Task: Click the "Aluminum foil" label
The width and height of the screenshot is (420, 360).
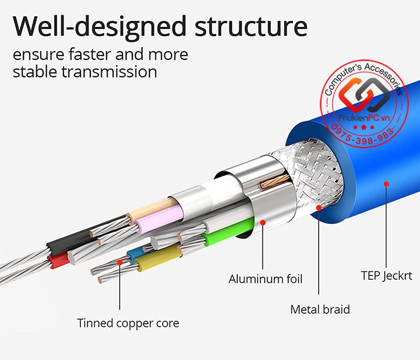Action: click(x=266, y=278)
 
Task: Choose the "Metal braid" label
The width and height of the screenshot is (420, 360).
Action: click(x=320, y=309)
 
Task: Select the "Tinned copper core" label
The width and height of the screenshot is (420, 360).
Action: click(x=128, y=323)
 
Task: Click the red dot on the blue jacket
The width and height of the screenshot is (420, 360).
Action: click(x=386, y=184)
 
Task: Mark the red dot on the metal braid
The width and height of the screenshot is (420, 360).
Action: click(x=319, y=207)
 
